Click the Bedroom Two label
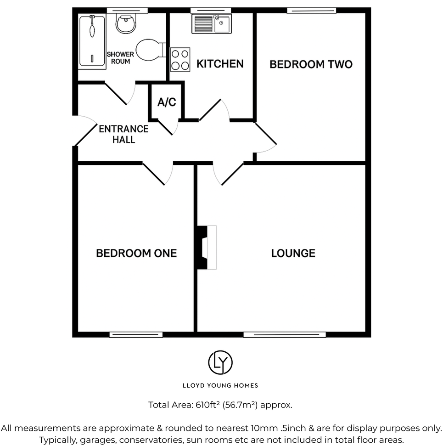click(311, 64)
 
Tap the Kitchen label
click(220, 63)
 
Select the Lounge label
click(293, 253)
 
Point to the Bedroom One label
click(136, 253)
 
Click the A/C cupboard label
click(167, 102)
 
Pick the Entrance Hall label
click(123, 134)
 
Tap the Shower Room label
click(120, 58)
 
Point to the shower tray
click(92, 40)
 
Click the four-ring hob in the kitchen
click(180, 60)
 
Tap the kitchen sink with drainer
click(212, 23)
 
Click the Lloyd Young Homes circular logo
click(220, 362)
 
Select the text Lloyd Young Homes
click(220, 386)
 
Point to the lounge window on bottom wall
click(284, 334)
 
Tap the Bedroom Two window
click(311, 10)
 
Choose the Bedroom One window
click(136, 334)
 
